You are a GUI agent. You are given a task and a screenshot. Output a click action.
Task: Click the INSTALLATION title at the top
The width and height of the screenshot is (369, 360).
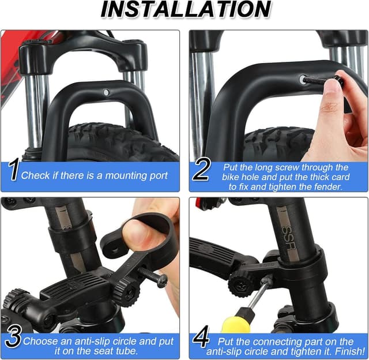tap(185, 10)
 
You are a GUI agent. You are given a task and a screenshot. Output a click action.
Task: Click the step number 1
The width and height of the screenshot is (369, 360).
tap(12, 171)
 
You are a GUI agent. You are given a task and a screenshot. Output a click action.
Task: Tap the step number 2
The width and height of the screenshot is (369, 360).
tap(201, 171)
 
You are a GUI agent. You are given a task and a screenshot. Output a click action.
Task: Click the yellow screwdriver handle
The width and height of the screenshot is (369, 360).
tap(236, 323)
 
